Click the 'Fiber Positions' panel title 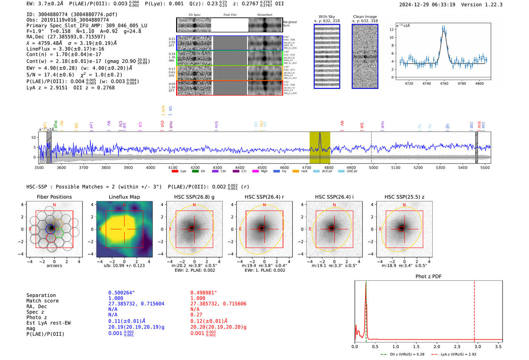(x=54, y=197)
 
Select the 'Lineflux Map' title (x=124, y=197)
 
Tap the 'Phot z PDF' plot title (x=428, y=277)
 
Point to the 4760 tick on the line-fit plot (x=444, y=83)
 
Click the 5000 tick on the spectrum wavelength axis (x=373, y=167)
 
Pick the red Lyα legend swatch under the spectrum (x=175, y=172)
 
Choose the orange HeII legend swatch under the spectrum (x=295, y=172)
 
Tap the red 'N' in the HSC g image (x=194, y=205)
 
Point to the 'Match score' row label (x=42, y=301)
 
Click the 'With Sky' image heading (x=326, y=17)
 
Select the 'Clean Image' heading (x=365, y=17)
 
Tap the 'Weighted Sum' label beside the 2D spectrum (x=289, y=24)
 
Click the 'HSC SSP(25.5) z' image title (x=404, y=197)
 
